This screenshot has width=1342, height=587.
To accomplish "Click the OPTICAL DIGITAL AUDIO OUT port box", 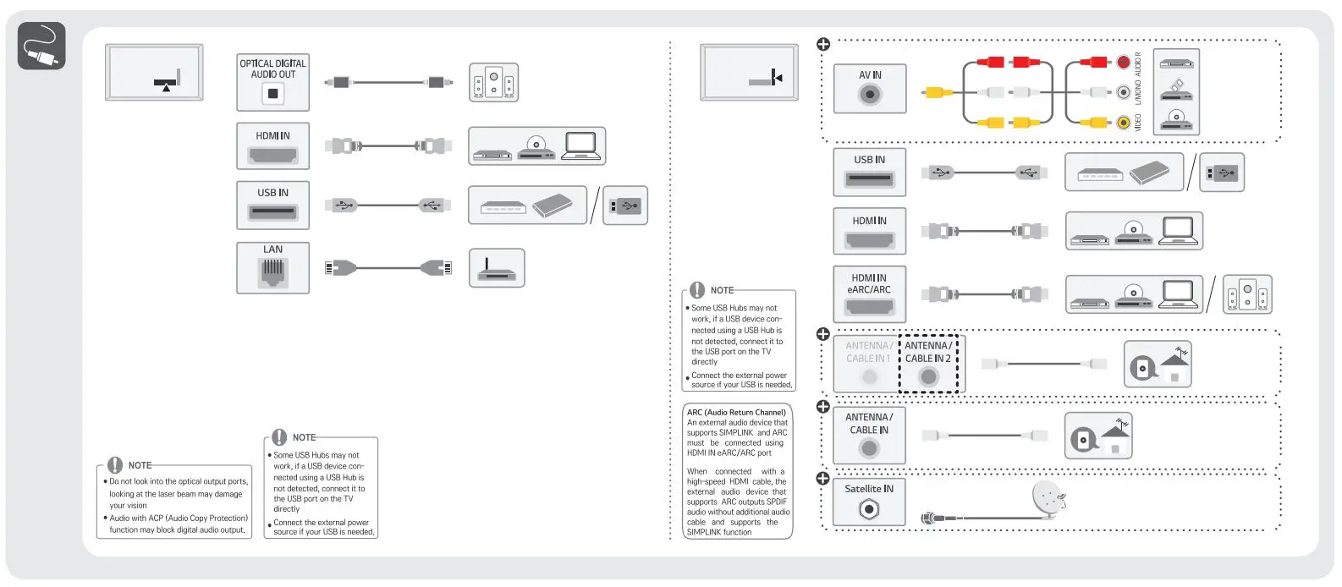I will (x=272, y=82).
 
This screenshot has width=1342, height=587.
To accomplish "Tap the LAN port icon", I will (x=272, y=272).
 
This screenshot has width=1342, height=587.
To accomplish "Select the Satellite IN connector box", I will (x=869, y=502).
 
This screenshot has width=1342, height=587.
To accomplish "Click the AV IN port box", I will (x=869, y=88).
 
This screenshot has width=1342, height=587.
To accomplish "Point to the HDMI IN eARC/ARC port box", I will (x=869, y=293).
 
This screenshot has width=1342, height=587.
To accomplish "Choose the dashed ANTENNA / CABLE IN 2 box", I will (x=928, y=364).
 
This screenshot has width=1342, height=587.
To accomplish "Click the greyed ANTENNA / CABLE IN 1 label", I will (x=868, y=352).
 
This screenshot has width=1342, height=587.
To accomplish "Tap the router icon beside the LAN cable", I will (x=497, y=268).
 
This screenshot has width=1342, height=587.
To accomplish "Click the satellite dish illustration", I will (x=1048, y=500).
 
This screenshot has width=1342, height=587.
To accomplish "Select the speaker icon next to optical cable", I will (x=493, y=83).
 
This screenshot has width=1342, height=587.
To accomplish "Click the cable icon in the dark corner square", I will (x=41, y=46).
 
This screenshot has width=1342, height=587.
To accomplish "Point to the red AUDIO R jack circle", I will (x=1123, y=62).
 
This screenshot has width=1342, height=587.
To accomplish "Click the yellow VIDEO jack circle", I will (x=1123, y=123).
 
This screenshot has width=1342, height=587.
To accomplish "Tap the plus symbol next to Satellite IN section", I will (x=822, y=478).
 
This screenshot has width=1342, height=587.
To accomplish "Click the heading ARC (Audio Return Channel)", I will (x=736, y=413).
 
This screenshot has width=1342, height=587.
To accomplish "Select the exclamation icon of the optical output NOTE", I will (x=115, y=465).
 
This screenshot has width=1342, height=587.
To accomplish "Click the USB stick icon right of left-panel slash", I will (x=625, y=206).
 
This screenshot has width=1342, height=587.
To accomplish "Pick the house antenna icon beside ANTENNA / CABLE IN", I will (x=1098, y=436).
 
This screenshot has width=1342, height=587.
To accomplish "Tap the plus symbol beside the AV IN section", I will (x=822, y=44).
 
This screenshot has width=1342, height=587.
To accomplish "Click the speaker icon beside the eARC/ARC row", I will (x=1247, y=294).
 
